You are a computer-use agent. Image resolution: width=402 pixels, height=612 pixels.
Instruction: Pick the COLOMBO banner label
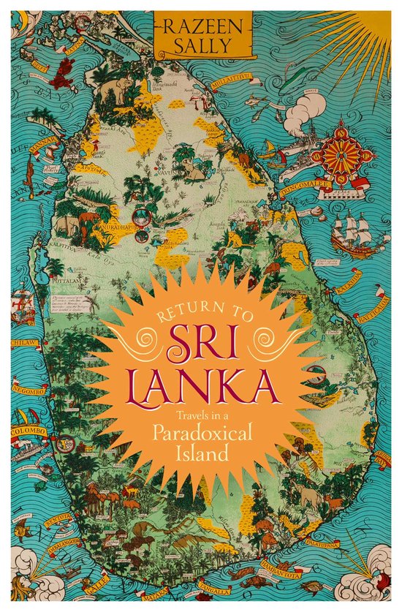pyautogui.click(x=29, y=431)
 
